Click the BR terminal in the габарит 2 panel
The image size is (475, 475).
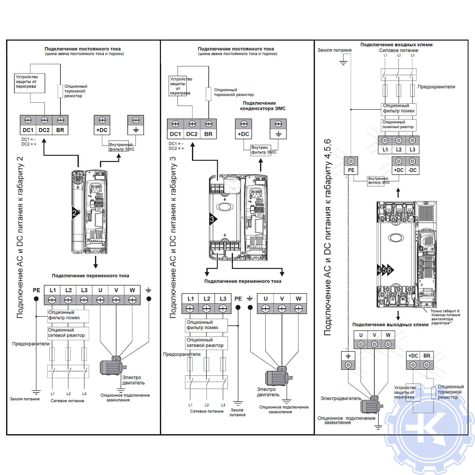pyautogui.click(x=60, y=125)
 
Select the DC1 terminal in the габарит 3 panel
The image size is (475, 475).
pyautogui.click(x=175, y=129)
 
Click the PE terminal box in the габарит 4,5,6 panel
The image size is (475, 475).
pyautogui.click(x=351, y=165)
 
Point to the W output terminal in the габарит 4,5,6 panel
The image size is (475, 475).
pyautogui.click(x=388, y=340)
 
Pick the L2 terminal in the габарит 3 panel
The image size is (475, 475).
pyautogui.click(x=206, y=303)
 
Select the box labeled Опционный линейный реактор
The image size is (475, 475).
pyautogui.click(x=398, y=124)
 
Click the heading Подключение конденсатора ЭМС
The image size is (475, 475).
pyautogui.click(x=263, y=106)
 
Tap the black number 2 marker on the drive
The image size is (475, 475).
pyautogui.click(x=75, y=213)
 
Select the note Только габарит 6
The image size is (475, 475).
pyautogui.click(x=445, y=317)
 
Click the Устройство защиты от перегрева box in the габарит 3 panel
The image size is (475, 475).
pyautogui.click(x=178, y=86)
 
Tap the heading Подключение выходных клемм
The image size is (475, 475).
pyautogui.click(x=390, y=325)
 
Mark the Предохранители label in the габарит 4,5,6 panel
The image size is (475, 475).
pyautogui.click(x=436, y=87)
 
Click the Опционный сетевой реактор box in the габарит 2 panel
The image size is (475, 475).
pyautogui.click(x=68, y=333)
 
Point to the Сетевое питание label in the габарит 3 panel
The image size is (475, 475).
pyautogui.click(x=206, y=411)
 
